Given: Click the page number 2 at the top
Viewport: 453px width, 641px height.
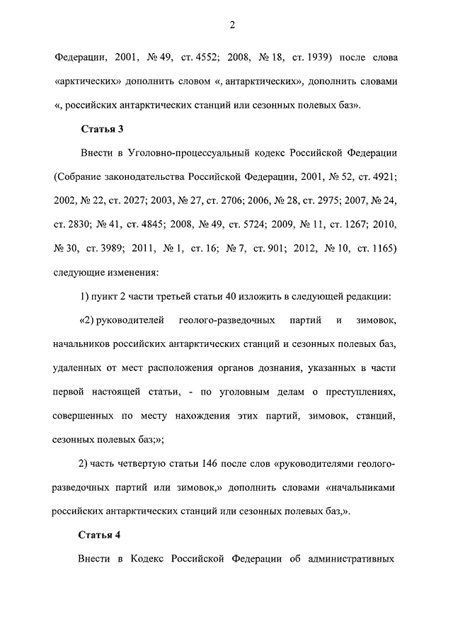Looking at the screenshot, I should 231,25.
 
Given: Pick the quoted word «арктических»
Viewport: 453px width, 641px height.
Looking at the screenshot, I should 87,81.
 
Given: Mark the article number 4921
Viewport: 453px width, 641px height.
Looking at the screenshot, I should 381,176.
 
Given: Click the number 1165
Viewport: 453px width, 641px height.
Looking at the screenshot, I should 381,249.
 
